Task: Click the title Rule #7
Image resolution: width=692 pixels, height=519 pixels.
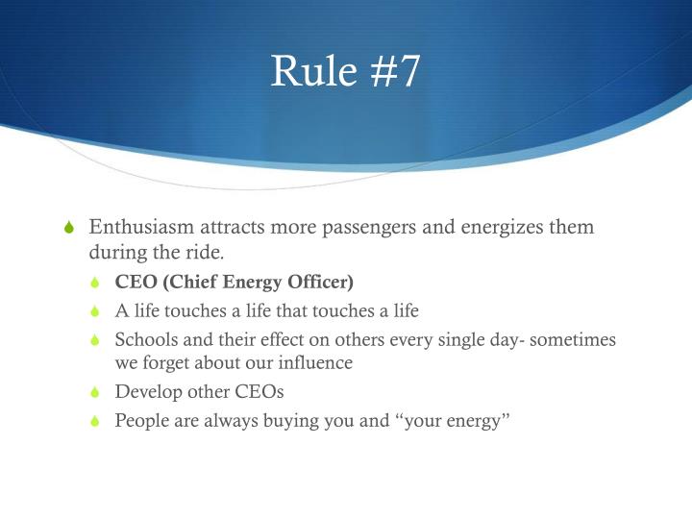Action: [x=345, y=72]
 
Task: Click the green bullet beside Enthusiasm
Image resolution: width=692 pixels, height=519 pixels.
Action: [x=67, y=229]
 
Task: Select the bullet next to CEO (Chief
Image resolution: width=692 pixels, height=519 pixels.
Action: [x=94, y=284]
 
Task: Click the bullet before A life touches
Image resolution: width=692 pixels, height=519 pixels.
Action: [x=94, y=311]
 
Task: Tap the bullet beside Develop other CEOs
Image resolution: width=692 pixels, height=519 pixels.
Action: [x=94, y=393]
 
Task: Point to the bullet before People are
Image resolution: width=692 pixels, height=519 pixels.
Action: [x=94, y=421]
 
